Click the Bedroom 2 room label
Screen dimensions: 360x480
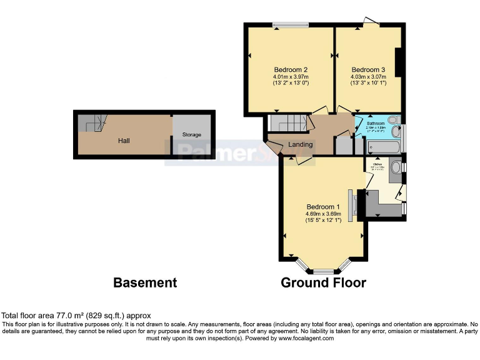(291, 69)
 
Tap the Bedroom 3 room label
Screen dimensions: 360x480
(367, 69)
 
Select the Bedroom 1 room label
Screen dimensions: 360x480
(322, 207)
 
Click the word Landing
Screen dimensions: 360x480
(300, 145)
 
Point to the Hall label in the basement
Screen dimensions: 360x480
(124, 141)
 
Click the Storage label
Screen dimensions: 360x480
(191, 135)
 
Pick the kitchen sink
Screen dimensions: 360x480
(395, 167)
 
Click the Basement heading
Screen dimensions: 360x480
(145, 282)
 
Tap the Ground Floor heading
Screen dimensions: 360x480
(322, 282)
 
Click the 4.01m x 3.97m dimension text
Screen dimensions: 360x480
(291, 76)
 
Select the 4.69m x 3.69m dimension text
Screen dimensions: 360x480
(322, 214)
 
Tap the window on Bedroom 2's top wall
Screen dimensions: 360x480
(291, 25)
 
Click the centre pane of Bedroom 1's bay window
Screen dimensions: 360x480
(323, 272)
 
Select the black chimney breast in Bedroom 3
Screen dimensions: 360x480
(399, 63)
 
